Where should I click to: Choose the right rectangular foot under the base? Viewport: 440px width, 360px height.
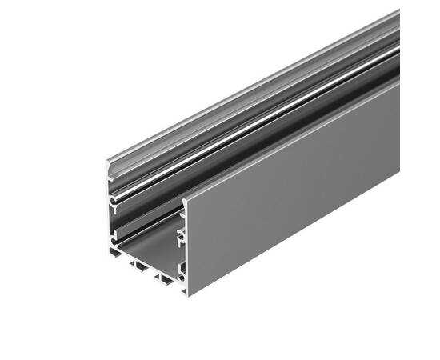165,279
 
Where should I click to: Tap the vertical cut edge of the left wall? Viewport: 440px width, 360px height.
108,216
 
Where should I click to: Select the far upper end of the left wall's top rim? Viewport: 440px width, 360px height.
395,14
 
